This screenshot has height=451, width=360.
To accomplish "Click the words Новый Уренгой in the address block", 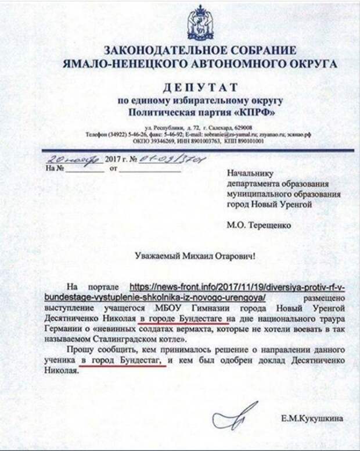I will [286, 205].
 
